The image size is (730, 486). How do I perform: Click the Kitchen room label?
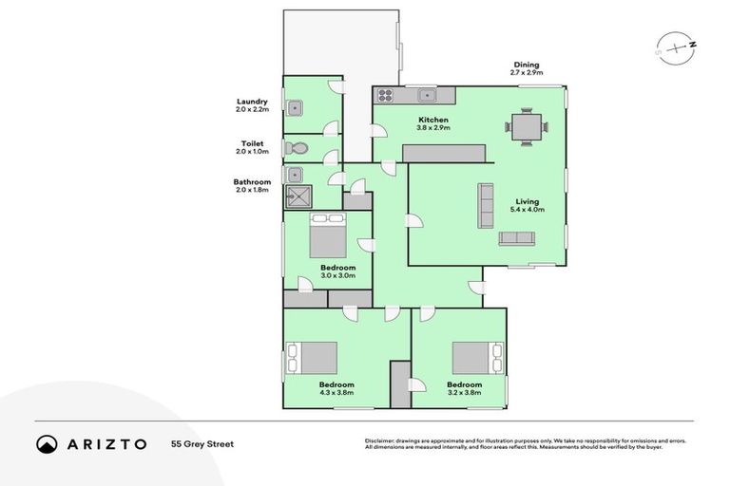pos(433,120)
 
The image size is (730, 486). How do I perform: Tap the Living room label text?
pos(527,201)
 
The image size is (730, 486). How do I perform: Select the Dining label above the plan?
pos(526,65)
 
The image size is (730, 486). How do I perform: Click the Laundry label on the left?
pos(252,102)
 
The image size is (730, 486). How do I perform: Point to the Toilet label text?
pos(252,144)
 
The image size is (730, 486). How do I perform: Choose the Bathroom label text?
pos(252,182)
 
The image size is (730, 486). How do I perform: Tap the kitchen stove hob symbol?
pos(386,94)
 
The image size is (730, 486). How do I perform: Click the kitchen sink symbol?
pos(427,94)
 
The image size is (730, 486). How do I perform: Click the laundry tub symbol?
pos(295,106)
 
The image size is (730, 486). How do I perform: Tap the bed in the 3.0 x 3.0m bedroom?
pos(329,237)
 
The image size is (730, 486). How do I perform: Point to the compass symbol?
pos(677,48)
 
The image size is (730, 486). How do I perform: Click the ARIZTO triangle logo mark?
pos(47,443)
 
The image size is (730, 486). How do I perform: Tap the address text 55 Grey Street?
pos(203,443)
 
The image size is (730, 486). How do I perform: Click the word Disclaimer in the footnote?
pos(380,440)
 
